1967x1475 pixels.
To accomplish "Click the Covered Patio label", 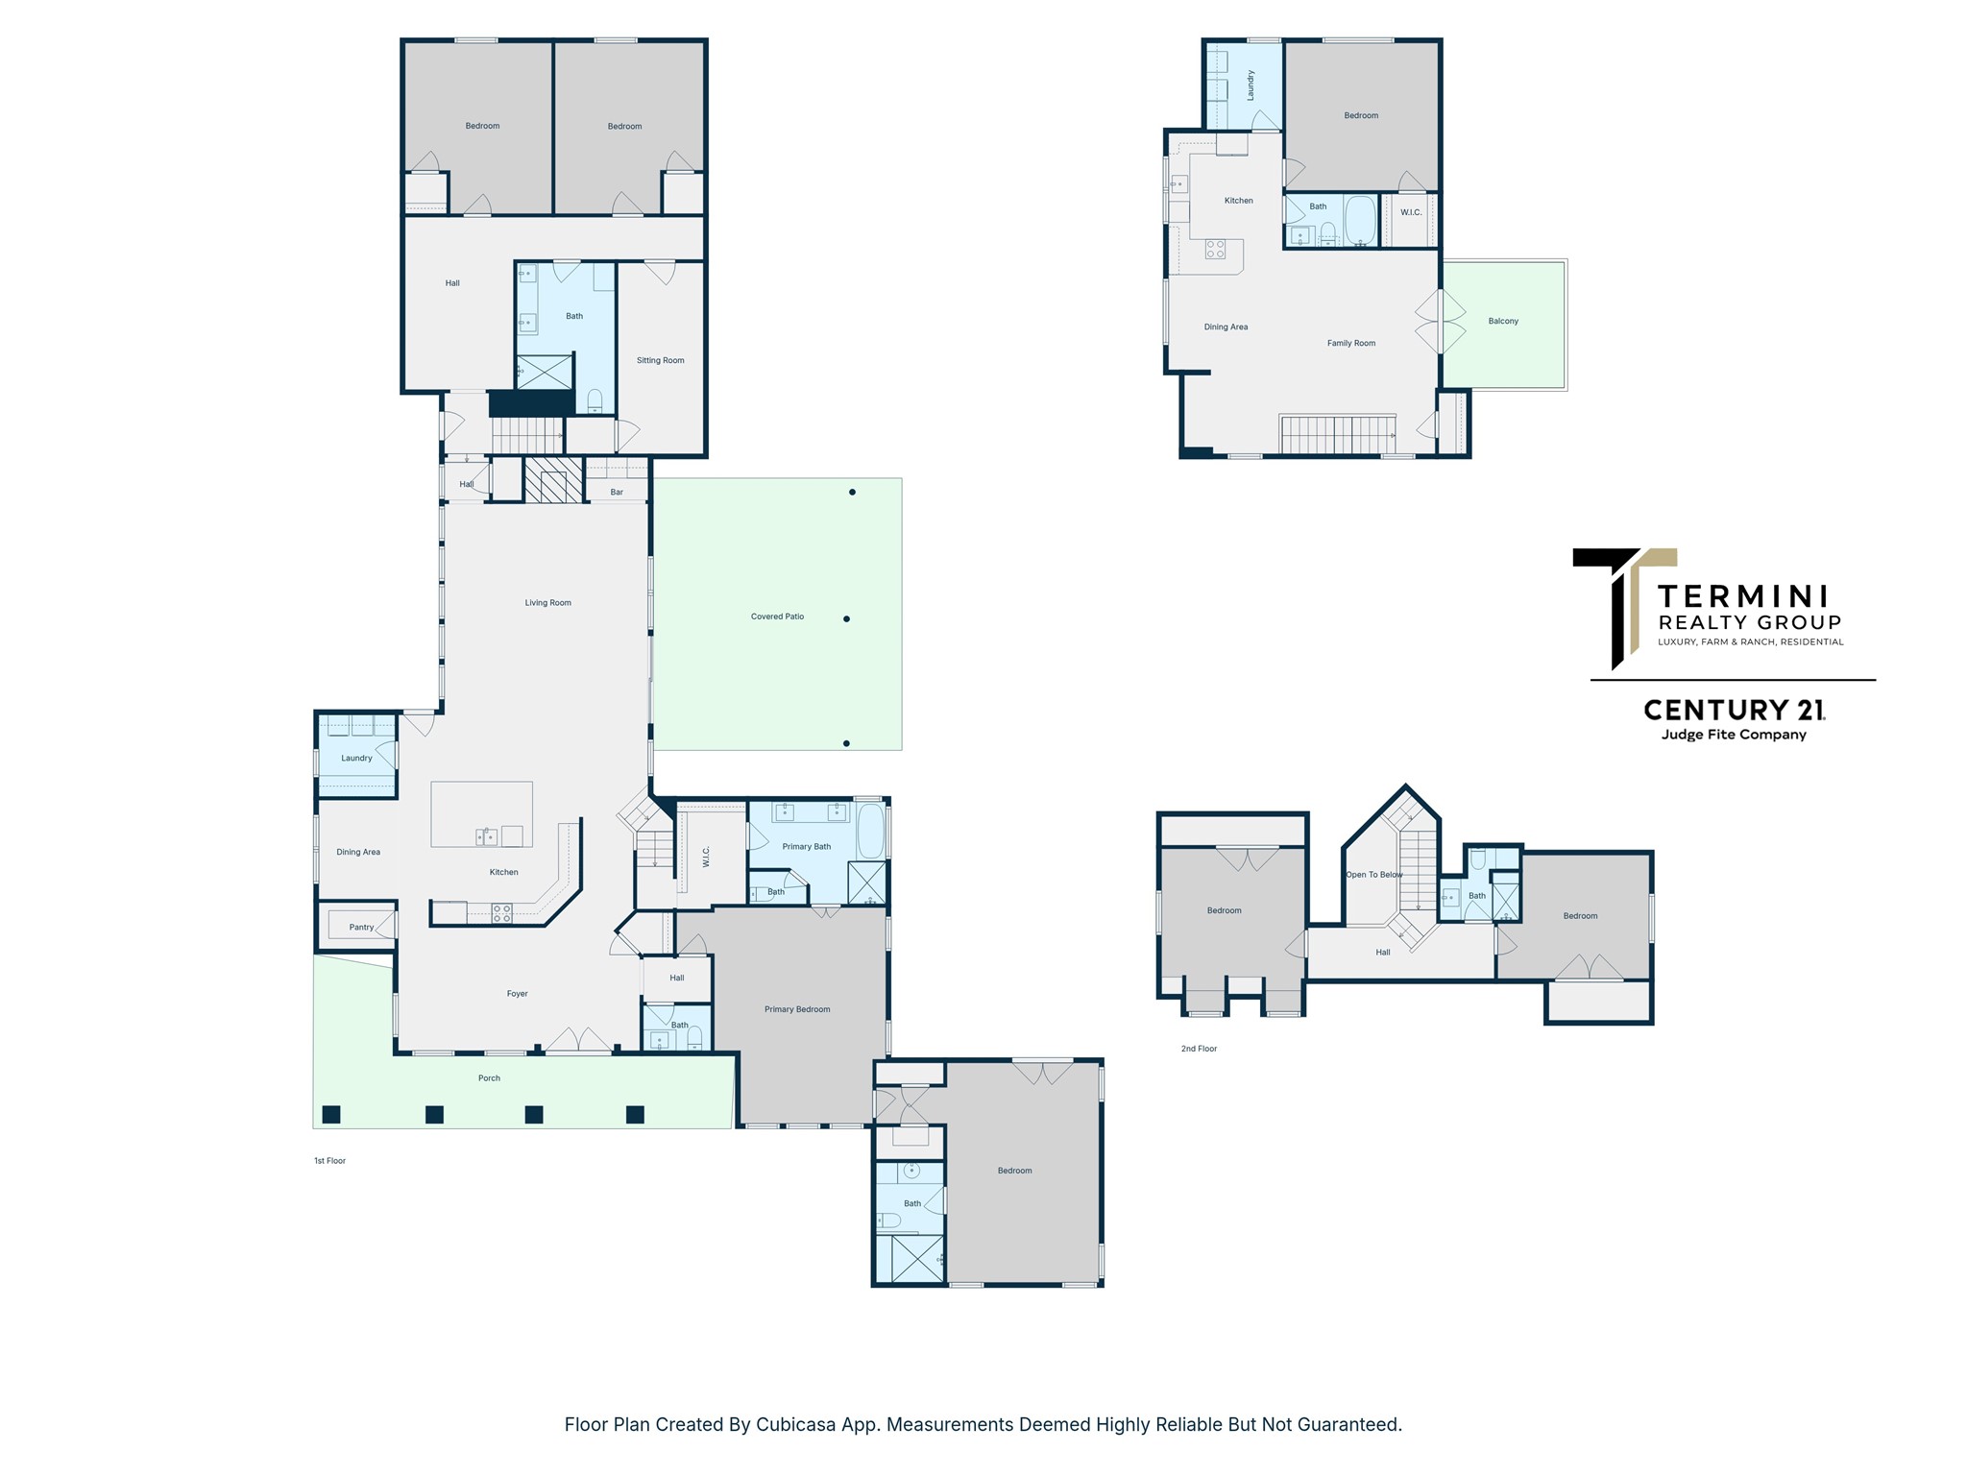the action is point(777,617).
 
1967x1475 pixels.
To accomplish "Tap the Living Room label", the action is point(547,603).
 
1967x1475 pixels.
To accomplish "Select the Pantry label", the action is point(361,928).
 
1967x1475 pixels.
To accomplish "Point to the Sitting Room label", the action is point(660,361).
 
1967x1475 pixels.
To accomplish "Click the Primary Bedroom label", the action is point(797,1009).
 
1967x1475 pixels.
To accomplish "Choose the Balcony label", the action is point(1503,322).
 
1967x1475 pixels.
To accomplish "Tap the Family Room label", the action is point(1351,343).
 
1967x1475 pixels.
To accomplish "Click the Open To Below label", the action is point(1374,875).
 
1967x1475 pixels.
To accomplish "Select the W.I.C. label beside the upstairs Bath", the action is point(1411,212).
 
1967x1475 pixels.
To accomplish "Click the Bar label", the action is point(617,493).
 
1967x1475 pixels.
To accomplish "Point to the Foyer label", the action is point(518,994).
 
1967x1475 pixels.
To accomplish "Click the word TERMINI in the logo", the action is point(1743,596).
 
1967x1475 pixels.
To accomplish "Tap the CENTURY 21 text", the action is point(1735,710).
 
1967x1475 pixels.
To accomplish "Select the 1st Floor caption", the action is point(329,1161).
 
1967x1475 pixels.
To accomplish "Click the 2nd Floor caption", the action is point(1199,1049).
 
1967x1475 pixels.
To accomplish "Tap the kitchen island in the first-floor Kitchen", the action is point(481,814).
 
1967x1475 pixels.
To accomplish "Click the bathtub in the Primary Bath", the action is point(870,832).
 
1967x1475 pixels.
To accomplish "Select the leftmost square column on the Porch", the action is point(331,1114).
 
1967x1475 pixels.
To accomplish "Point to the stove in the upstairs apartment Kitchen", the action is point(1215,250).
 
